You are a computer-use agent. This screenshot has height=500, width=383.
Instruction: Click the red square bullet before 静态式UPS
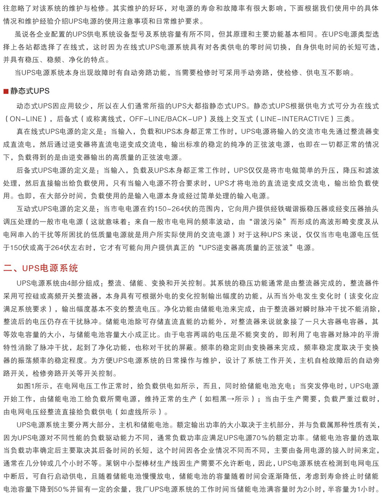click(x=6, y=91)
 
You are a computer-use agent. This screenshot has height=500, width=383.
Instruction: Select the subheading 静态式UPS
click(x=30, y=91)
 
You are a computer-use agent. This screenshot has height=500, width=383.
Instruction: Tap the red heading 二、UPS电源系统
click(x=41, y=268)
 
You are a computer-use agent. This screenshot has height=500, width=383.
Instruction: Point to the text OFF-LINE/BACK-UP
click(x=165, y=119)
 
